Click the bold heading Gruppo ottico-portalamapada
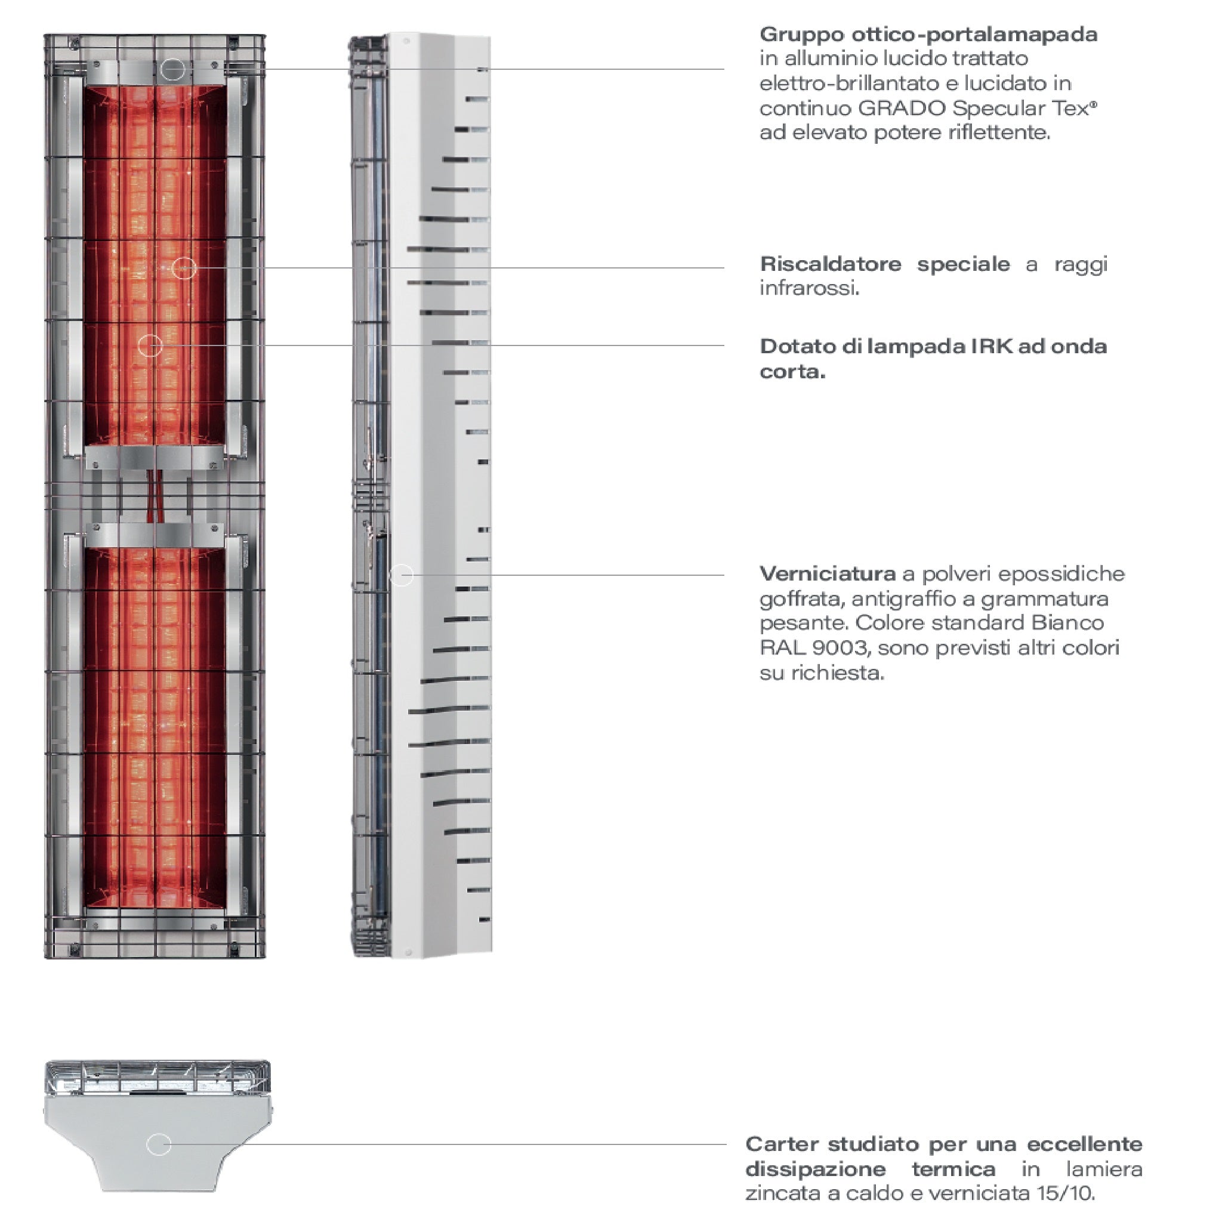click(928, 34)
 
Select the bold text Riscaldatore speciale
click(884, 264)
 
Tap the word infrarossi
click(809, 288)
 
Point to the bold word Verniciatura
click(826, 573)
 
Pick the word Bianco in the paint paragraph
click(1067, 623)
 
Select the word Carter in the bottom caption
click(782, 1144)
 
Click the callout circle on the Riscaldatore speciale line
click(184, 268)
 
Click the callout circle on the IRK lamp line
click(150, 345)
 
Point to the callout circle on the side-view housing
click(402, 575)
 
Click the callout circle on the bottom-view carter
click(159, 1144)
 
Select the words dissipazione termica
click(870, 1169)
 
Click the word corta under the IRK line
click(792, 372)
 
